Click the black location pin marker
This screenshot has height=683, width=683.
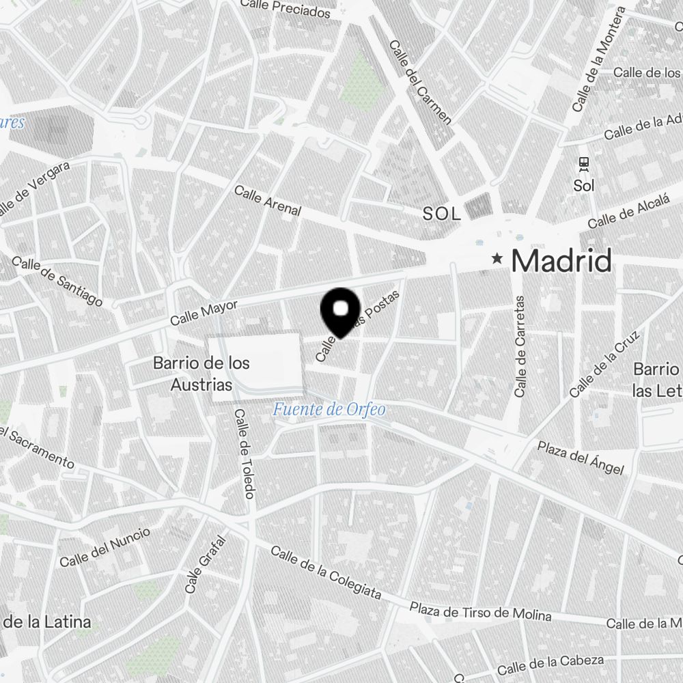click(x=339, y=311)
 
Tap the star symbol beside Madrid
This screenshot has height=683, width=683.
click(x=498, y=259)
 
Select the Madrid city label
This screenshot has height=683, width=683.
click(x=561, y=260)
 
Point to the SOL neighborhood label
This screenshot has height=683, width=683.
click(x=442, y=214)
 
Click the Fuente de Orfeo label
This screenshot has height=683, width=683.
click(x=329, y=410)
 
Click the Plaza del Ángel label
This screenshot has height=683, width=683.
click(x=581, y=458)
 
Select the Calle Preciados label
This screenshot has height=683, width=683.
click(x=286, y=9)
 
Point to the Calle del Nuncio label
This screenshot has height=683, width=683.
click(x=104, y=548)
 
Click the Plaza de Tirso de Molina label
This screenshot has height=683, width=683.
click(x=480, y=611)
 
